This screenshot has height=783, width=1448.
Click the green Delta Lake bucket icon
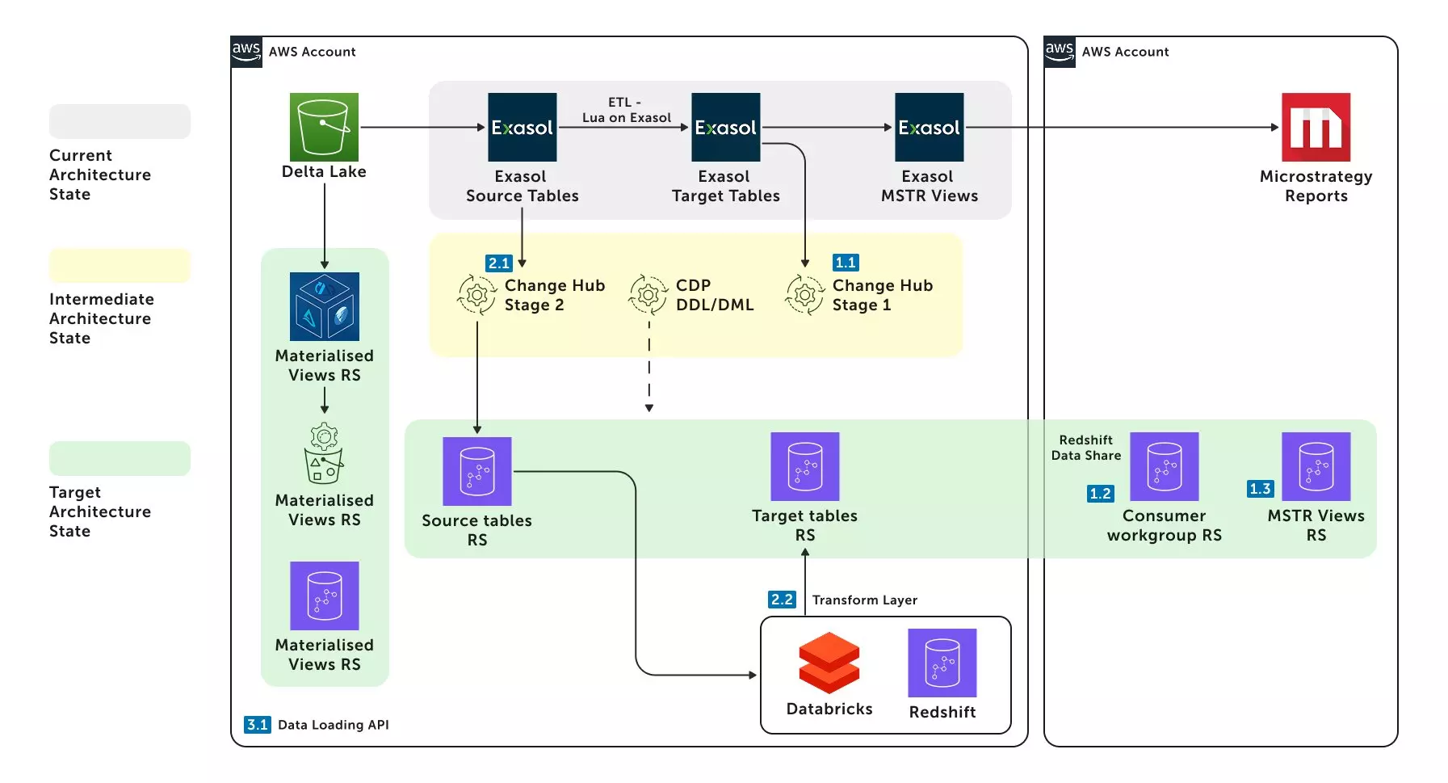pyautogui.click(x=324, y=127)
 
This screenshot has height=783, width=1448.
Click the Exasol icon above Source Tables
pyautogui.click(x=522, y=127)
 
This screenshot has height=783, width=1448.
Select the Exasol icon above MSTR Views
pyautogui.click(x=929, y=127)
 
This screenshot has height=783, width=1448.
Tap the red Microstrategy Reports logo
pyautogui.click(x=1316, y=127)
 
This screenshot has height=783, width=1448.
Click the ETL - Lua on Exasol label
pyautogui.click(x=626, y=110)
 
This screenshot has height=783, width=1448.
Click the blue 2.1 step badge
pyautogui.click(x=499, y=263)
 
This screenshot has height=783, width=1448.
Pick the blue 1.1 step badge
pyautogui.click(x=846, y=263)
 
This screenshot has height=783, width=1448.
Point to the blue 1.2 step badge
pyautogui.click(x=1100, y=494)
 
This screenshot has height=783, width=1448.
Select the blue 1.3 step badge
pyautogui.click(x=1260, y=489)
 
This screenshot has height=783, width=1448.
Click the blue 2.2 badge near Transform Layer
pyautogui.click(x=782, y=600)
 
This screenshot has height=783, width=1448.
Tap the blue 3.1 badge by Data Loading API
pyautogui.click(x=258, y=725)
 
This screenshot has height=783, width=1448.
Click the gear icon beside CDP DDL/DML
pyautogui.click(x=648, y=295)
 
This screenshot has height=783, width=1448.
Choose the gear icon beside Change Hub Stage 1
pyautogui.click(x=804, y=295)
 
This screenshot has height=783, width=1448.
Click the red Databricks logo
pyautogui.click(x=829, y=663)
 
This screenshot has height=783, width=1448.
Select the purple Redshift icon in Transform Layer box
pyautogui.click(x=942, y=663)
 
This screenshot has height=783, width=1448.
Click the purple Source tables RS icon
pyautogui.click(x=476, y=471)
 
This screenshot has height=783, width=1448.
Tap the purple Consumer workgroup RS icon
pyautogui.click(x=1164, y=466)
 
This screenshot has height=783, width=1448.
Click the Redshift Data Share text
pyautogui.click(x=1085, y=448)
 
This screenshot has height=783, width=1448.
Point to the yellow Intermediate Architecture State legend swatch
pyautogui.click(x=120, y=266)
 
